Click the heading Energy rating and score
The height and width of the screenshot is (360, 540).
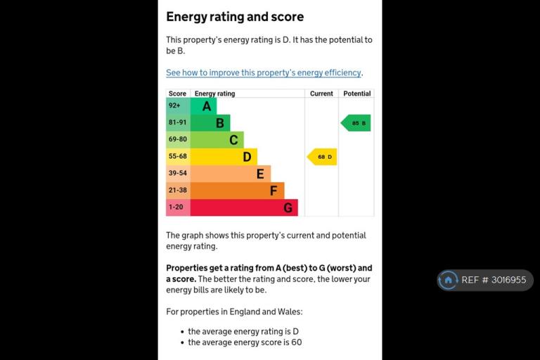point(235,17)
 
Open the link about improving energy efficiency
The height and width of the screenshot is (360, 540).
point(264,72)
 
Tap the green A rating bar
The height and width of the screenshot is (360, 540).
point(203,105)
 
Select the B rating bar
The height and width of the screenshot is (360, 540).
point(210,122)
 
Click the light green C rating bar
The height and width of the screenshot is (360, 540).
point(217,139)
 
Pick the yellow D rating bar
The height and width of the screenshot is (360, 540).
point(224,157)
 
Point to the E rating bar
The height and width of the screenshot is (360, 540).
point(231,174)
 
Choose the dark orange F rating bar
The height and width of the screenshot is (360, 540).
point(237,191)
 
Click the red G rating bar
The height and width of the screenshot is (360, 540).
point(244,207)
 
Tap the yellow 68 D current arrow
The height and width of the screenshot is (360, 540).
point(322,157)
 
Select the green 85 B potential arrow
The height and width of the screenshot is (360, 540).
point(356,123)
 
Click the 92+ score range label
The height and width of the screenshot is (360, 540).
point(174,105)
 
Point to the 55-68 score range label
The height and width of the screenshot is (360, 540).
point(178,156)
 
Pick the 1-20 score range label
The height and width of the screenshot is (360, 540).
point(176,207)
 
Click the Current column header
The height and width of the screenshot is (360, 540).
point(321,94)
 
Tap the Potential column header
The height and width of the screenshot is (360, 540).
point(356,94)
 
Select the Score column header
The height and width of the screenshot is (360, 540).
point(177,94)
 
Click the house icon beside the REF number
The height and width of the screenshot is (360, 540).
point(448,280)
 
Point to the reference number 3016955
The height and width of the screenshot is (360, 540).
point(508,280)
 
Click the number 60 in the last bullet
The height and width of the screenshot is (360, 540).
point(297,342)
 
